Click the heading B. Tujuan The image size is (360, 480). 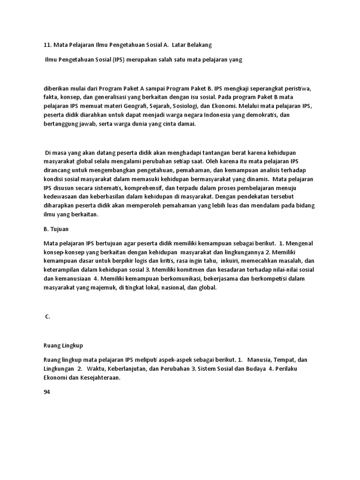[x=56, y=230]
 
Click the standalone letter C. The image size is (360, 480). [x=47, y=317]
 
